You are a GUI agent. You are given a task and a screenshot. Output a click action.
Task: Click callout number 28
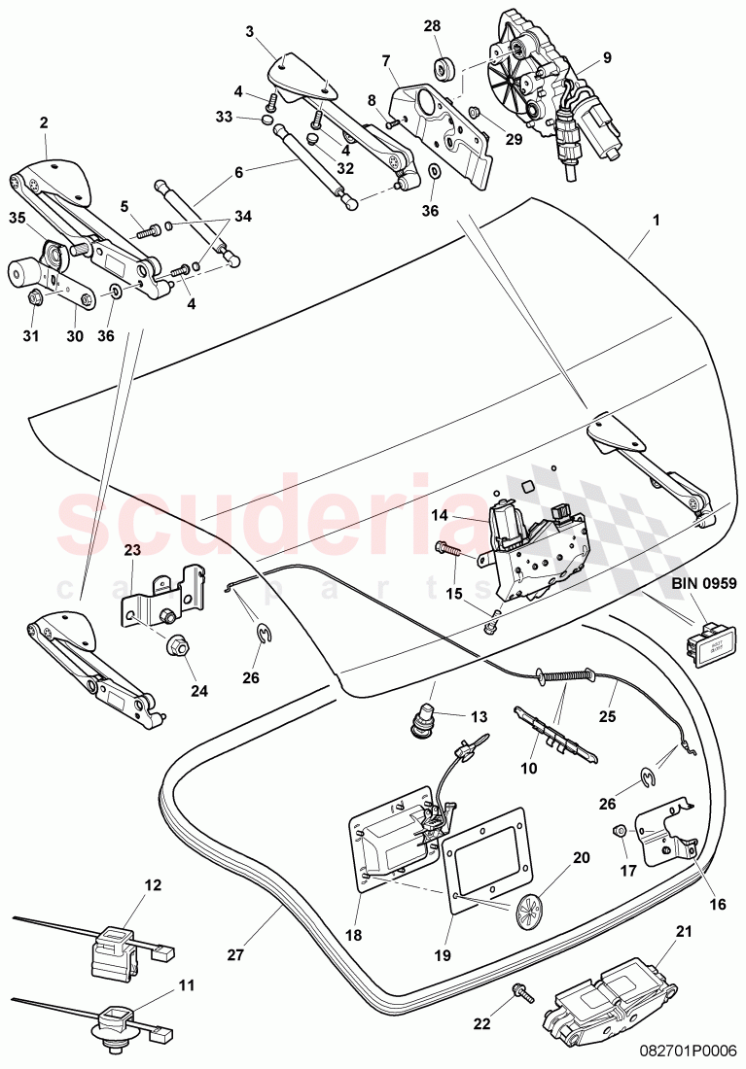pos(432,26)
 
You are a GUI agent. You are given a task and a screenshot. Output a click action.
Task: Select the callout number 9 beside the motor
pos(606,57)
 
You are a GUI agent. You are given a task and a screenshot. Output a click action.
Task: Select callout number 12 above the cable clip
pos(153,885)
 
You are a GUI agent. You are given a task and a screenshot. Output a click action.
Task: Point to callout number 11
pos(187,986)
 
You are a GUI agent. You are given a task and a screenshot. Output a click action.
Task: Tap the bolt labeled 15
pos(448,550)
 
